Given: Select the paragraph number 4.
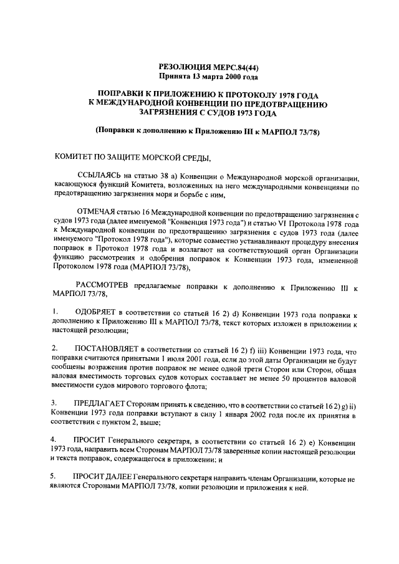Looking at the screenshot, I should (54, 439).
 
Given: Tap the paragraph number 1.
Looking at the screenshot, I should (54, 311).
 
